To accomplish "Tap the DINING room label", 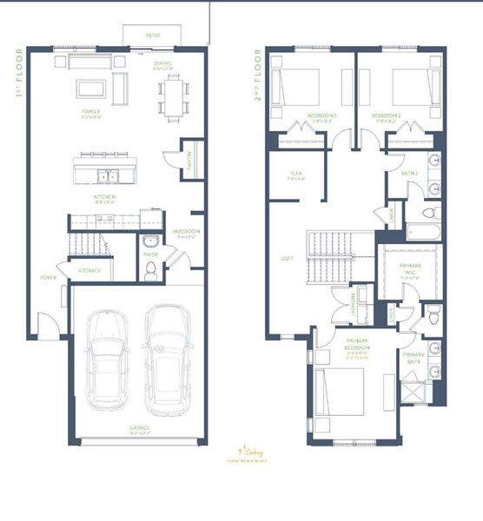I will coord(162,63).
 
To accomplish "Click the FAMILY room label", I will coord(91,112).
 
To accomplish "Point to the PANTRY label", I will coord(192,157).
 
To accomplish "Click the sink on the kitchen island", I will coord(109,176).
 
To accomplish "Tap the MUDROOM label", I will coord(186,231).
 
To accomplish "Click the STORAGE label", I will coord(89,270).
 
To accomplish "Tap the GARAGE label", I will coord(140,428).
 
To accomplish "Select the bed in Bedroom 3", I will coord(295,87).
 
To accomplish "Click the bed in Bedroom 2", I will coord(411,87).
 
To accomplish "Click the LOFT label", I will coord(288,258).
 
